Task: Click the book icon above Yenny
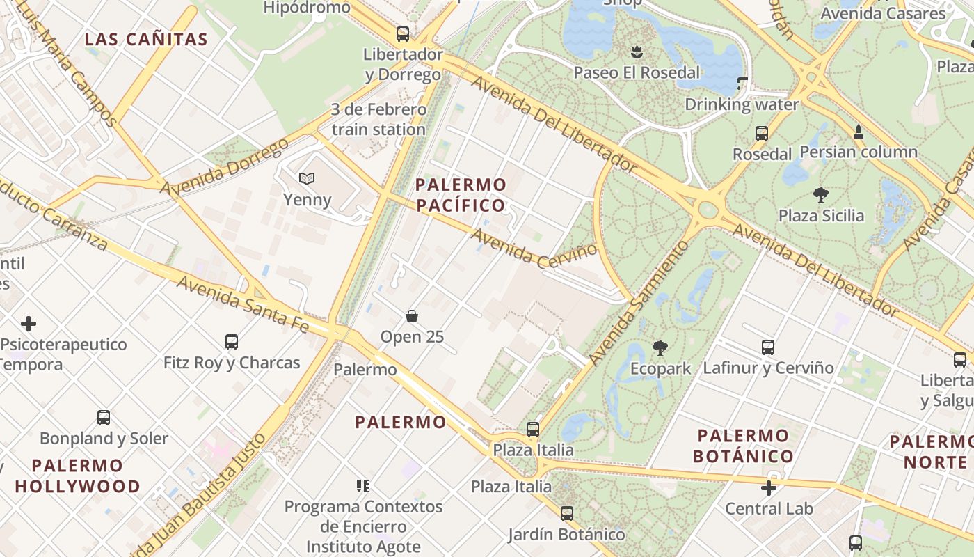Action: pyautogui.click(x=307, y=178)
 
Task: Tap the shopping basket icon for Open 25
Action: pyautogui.click(x=412, y=316)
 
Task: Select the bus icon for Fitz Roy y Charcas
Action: pyautogui.click(x=232, y=342)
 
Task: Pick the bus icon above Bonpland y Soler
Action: pyautogui.click(x=104, y=418)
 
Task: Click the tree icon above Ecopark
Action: pyautogui.click(x=660, y=347)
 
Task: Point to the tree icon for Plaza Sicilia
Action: pyautogui.click(x=821, y=194)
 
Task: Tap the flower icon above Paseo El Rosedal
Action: pyautogui.click(x=637, y=52)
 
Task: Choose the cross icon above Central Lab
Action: pyautogui.click(x=769, y=488)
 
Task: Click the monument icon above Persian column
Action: pyautogui.click(x=859, y=131)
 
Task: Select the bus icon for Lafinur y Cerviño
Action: pyautogui.click(x=768, y=347)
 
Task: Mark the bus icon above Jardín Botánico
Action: pyautogui.click(x=567, y=514)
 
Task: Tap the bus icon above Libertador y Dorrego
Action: pyautogui.click(x=402, y=33)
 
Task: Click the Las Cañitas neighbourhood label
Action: pyautogui.click(x=146, y=39)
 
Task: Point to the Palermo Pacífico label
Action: pyautogui.click(x=461, y=195)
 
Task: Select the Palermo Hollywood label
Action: pyautogui.click(x=77, y=476)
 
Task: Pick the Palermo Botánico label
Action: pyautogui.click(x=744, y=446)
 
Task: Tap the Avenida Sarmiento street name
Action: pyautogui.click(x=639, y=303)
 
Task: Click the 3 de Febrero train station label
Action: pyautogui.click(x=378, y=119)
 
